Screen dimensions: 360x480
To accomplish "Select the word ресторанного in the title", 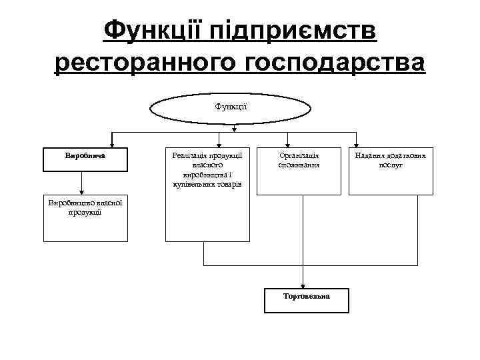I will click(145, 65).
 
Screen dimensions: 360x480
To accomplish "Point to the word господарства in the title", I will click(335, 65).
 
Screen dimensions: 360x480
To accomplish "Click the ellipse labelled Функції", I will click(231, 107).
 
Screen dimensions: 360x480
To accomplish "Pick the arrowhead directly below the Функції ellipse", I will click(234, 129).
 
